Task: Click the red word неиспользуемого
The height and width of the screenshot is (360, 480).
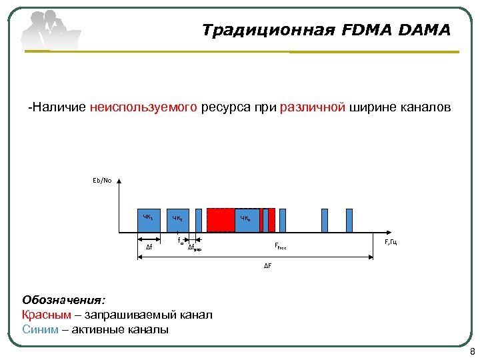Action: [144, 107]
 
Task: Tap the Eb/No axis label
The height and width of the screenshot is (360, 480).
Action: [102, 179]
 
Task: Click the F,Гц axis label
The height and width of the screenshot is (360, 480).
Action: [391, 241]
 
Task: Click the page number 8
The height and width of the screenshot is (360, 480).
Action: [472, 352]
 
